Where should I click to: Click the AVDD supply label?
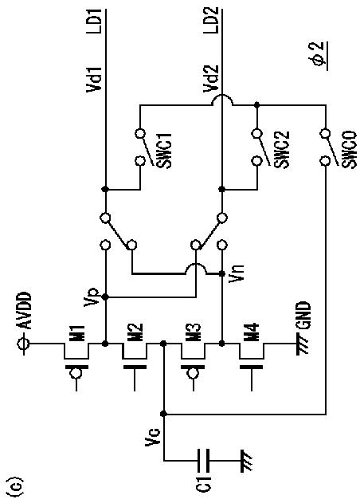click(x=25, y=311)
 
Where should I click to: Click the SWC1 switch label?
click(x=165, y=150)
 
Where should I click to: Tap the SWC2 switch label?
click(x=282, y=149)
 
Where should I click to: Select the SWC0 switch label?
click(x=350, y=149)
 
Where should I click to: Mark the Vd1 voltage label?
click(x=94, y=80)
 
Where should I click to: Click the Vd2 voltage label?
click(x=211, y=79)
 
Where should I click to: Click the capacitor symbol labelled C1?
click(x=203, y=460)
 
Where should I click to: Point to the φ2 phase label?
click(x=320, y=56)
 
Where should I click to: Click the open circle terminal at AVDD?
click(x=25, y=344)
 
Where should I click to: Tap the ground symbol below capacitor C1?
click(x=246, y=460)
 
